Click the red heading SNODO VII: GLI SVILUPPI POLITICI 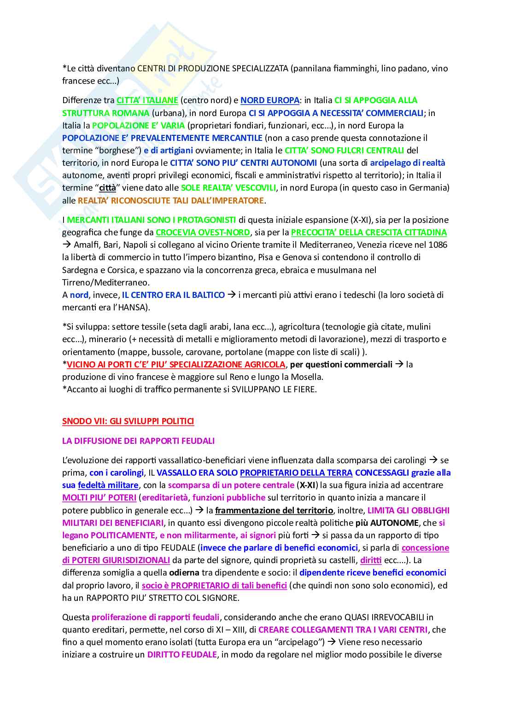point(128,421)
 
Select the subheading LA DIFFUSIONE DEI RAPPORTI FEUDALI point(138,441)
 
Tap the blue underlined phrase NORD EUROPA point(270,100)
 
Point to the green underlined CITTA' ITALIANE point(147,100)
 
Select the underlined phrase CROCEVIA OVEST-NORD point(203,233)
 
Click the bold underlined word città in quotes point(108,188)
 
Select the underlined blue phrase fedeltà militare point(108,485)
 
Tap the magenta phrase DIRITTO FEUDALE point(182,655)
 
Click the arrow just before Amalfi point(67,245)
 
